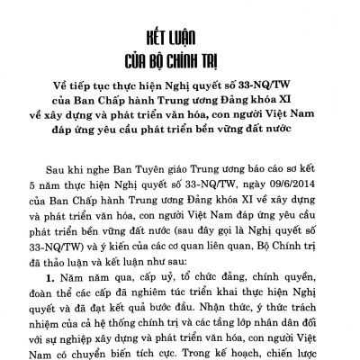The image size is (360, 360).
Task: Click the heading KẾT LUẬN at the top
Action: click(x=179, y=16)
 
